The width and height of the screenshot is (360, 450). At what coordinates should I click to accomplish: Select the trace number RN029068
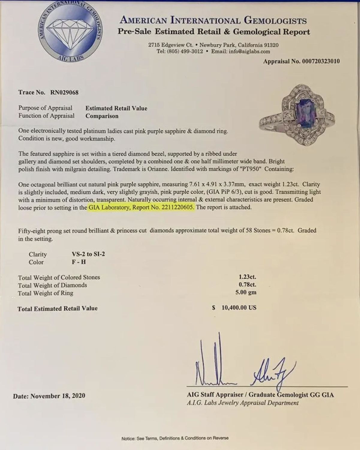click(x=64, y=92)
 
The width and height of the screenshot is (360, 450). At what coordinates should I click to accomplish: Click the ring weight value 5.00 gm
click(x=246, y=292)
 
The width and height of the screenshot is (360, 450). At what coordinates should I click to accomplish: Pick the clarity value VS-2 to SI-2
click(x=88, y=254)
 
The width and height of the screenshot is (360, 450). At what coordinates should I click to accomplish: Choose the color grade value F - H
click(x=79, y=262)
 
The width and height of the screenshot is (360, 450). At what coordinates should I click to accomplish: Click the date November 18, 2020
click(x=58, y=396)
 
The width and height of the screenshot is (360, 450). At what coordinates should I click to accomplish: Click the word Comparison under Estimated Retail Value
click(x=102, y=116)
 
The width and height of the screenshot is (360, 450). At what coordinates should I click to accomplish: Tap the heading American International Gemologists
click(x=213, y=20)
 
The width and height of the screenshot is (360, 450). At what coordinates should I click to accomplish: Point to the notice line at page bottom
click(x=175, y=438)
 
